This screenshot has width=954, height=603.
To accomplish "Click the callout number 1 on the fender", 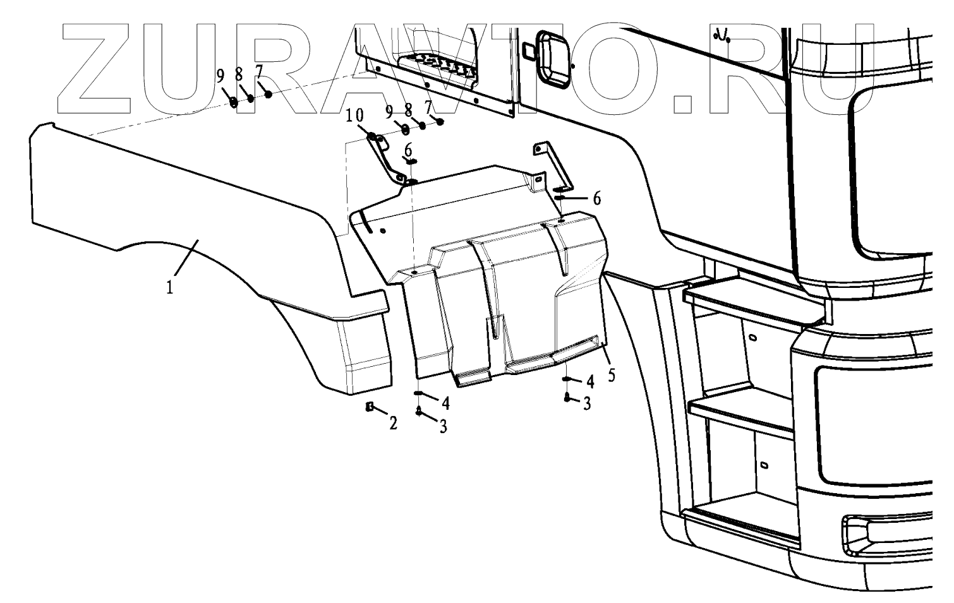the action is (x=169, y=287).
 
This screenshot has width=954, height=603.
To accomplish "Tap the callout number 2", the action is (x=393, y=424).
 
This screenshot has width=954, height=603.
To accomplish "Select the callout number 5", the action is (x=611, y=375).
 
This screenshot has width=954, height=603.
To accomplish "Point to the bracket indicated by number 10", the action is (x=387, y=158).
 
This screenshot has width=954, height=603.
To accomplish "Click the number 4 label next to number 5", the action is (x=590, y=381).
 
